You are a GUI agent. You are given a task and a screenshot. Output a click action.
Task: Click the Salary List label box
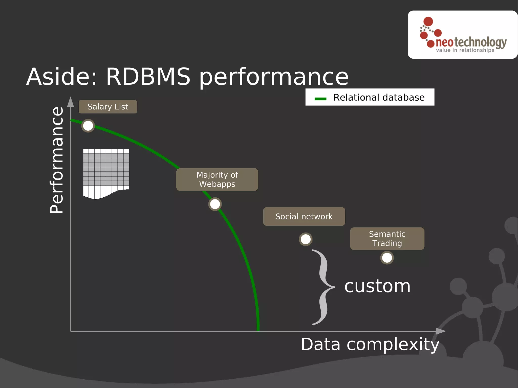pyautogui.click(x=108, y=107)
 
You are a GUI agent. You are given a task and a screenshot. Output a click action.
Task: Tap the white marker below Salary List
pyautogui.click(x=88, y=126)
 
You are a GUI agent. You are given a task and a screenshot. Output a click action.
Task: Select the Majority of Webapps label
pyautogui.click(x=217, y=179)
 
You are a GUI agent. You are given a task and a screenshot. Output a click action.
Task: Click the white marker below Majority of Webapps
pyautogui.click(x=215, y=204)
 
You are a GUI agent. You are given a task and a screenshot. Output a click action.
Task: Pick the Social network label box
pyautogui.click(x=304, y=216)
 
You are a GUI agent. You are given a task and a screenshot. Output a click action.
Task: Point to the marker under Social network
pyautogui.click(x=306, y=239)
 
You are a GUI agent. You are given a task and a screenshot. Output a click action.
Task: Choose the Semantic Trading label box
pyautogui.click(x=387, y=239)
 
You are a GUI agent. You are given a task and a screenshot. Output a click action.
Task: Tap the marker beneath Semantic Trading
pyautogui.click(x=387, y=258)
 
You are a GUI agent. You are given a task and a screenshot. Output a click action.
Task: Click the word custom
pyautogui.click(x=377, y=286)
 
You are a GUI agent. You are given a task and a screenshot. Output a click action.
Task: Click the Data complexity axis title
pyautogui.click(x=370, y=344)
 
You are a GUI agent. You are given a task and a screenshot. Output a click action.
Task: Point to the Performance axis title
pyautogui.click(x=57, y=160)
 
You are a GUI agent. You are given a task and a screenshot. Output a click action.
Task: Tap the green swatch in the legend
pyautogui.click(x=320, y=99)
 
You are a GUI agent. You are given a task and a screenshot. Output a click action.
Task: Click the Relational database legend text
pyautogui.click(x=379, y=97)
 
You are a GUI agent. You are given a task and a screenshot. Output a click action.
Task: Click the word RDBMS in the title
pyautogui.click(x=148, y=77)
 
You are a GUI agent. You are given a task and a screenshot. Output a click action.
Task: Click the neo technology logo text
pyautogui.click(x=471, y=42)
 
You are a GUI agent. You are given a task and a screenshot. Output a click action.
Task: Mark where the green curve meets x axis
pyautogui.click(x=258, y=330)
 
